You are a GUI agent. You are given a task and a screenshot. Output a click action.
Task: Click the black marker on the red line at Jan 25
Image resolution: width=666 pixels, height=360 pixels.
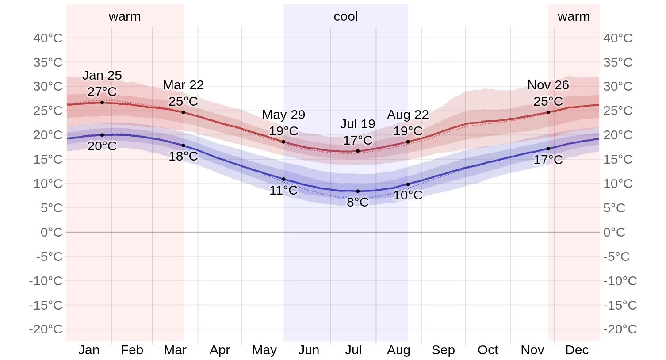click(102, 103)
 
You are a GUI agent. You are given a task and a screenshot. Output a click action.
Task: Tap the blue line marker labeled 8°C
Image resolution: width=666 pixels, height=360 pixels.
click(358, 191)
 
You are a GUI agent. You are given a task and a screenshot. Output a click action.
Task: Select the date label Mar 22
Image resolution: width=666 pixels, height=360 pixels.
click(183, 85)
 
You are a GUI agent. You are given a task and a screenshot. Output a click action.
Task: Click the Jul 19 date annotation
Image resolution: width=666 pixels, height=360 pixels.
click(357, 124)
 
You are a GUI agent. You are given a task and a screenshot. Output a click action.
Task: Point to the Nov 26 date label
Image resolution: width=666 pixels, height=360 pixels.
click(548, 85)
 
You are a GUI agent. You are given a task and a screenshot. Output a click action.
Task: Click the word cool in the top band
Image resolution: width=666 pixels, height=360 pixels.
click(345, 16)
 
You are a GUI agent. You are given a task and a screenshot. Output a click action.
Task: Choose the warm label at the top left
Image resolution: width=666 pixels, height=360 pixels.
click(125, 16)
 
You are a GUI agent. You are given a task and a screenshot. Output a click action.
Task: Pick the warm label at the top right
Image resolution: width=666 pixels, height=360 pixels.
click(574, 16)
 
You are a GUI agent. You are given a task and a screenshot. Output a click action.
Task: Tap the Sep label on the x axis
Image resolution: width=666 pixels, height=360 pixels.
click(443, 350)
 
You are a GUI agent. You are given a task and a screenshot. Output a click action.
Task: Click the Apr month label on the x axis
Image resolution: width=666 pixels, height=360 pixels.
click(220, 350)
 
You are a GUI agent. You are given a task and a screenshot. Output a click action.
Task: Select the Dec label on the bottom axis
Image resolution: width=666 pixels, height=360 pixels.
click(577, 350)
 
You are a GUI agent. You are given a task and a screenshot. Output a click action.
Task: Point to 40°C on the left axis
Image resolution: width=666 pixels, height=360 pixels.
click(48, 38)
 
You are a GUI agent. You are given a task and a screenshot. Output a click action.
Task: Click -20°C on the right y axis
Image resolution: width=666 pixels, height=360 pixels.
click(620, 329)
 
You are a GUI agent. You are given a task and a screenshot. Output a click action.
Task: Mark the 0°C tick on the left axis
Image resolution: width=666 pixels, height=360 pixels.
click(51, 232)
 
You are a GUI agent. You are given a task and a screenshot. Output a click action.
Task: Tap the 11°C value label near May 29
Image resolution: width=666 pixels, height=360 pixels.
click(283, 190)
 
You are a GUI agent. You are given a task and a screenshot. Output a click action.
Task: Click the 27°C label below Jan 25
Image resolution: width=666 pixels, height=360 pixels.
click(102, 92)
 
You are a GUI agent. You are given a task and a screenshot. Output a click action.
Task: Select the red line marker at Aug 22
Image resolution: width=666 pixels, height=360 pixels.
click(408, 142)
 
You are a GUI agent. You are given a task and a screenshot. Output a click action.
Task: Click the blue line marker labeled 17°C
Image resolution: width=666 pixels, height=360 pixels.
click(548, 149)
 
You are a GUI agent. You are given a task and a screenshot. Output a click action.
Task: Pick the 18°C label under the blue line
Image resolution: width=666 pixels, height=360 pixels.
click(183, 156)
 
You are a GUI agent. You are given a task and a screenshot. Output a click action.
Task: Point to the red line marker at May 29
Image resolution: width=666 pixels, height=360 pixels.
click(283, 142)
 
